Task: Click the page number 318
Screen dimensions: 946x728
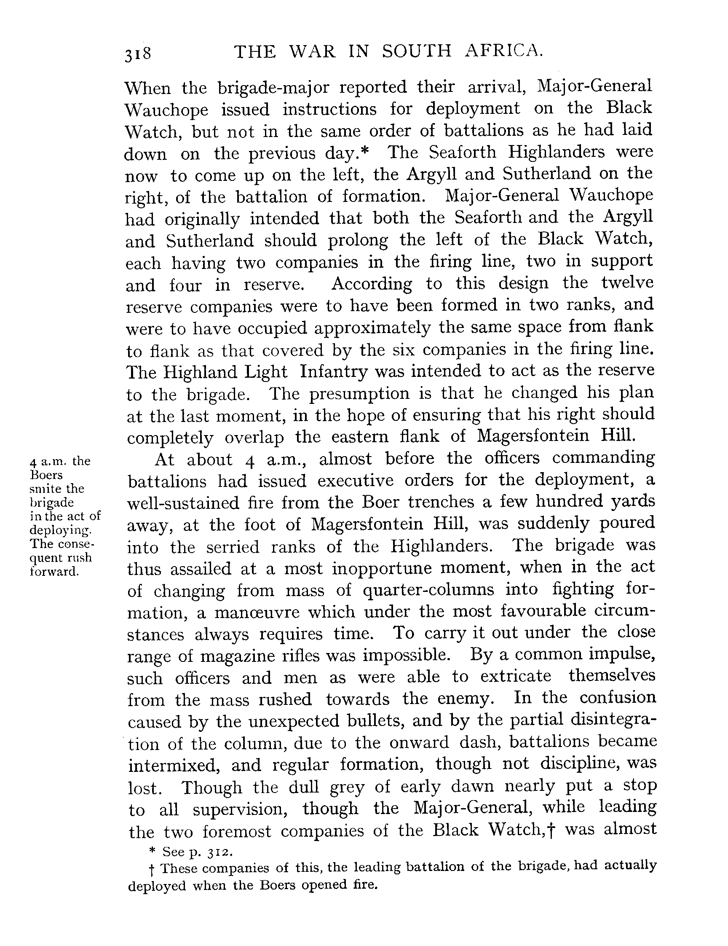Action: click(x=138, y=54)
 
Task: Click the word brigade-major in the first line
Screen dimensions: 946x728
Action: click(x=273, y=88)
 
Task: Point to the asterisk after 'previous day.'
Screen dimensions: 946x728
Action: click(x=364, y=150)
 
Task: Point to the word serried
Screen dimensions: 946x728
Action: click(x=233, y=547)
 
